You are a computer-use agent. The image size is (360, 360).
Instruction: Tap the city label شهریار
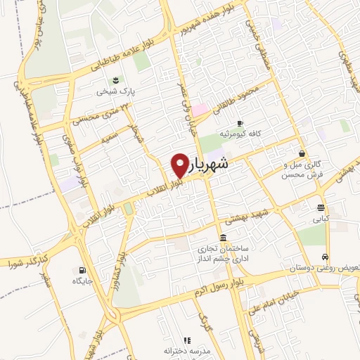pyautogui.click(x=209, y=165)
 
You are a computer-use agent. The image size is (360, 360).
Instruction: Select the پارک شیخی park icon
pyautogui.click(x=115, y=80)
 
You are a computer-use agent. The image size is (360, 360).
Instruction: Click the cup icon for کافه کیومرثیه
pyautogui.click(x=240, y=122)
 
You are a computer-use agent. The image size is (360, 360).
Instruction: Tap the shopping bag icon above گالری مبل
pyautogui.click(x=302, y=154)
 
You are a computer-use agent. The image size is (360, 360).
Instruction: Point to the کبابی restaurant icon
pyautogui.click(x=321, y=207)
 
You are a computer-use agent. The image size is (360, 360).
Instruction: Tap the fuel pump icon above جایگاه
pyautogui.click(x=83, y=270)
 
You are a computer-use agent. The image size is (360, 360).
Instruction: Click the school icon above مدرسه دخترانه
pyautogui.click(x=187, y=340)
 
